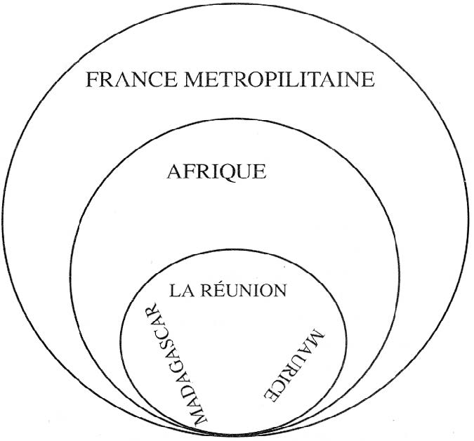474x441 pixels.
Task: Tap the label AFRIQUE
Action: tap(216, 171)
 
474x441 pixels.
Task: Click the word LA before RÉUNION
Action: tap(181, 289)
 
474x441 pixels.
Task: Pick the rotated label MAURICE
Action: tap(292, 366)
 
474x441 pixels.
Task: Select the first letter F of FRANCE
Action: tap(92, 79)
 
